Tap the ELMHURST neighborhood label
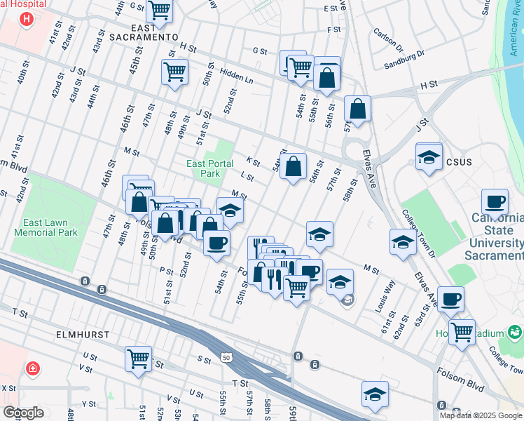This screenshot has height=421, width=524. coord(83,335)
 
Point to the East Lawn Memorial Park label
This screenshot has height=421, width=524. coord(45,227)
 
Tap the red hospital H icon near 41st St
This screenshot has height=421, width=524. coord(26,18)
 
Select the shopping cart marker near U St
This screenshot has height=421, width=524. coord(139,359)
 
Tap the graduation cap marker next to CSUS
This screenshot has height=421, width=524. coord(429,157)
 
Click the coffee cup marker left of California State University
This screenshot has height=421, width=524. coord(495,202)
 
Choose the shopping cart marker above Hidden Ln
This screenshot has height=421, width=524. coord(174,71)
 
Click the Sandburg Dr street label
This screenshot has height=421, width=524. coord(404,59)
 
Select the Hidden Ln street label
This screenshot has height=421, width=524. coord(236,76)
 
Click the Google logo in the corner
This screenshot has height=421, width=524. coord(23,413)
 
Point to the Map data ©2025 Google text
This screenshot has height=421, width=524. coord(481,415)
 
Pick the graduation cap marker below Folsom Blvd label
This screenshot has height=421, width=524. coord(375,394)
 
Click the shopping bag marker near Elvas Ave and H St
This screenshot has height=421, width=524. coord(357,109)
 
